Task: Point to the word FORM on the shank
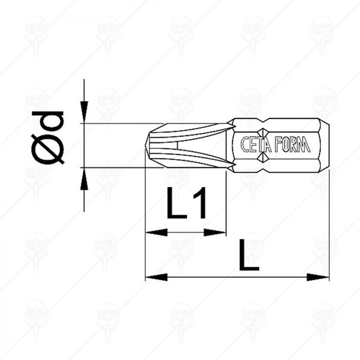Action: pos(291,146)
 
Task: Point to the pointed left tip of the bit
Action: pos(147,145)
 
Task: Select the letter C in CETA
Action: pos(245,146)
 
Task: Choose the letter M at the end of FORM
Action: pos(305,146)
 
